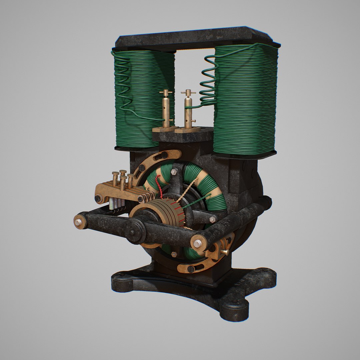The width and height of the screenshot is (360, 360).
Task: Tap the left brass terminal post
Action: pyautogui.click(x=166, y=110)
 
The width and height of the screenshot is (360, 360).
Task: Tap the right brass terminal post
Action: pyautogui.click(x=188, y=110)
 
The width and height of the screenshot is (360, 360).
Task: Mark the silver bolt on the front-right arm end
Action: pyautogui.click(x=197, y=243)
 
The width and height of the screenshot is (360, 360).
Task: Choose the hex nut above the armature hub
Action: pyautogui.click(x=174, y=172)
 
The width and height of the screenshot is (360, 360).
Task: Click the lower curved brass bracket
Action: pyautogui.click(x=200, y=263)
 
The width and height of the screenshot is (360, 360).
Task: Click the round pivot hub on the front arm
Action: pyautogui.click(x=135, y=231)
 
